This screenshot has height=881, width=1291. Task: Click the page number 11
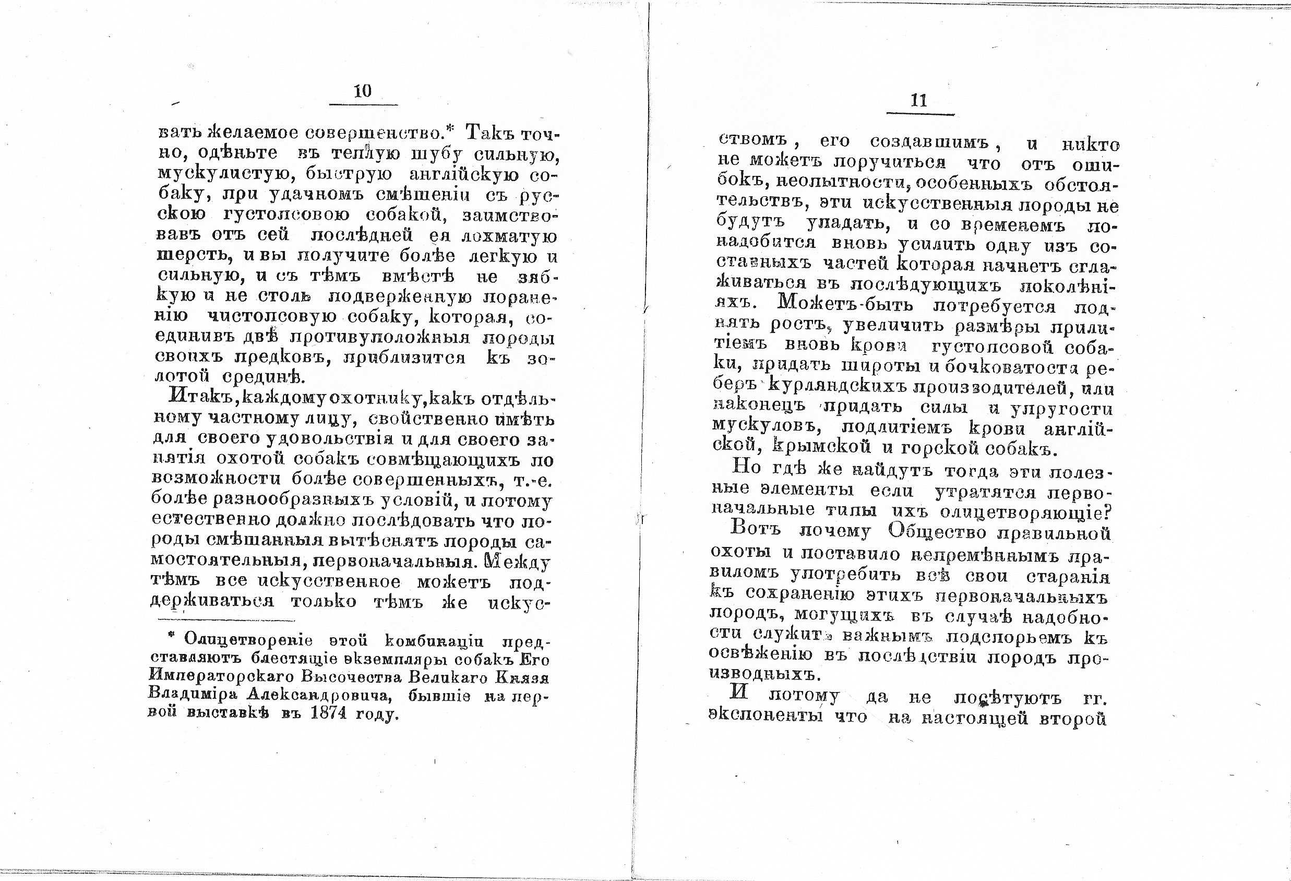919,101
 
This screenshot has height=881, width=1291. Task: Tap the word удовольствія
331,439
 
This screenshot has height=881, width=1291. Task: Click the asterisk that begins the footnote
172,637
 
